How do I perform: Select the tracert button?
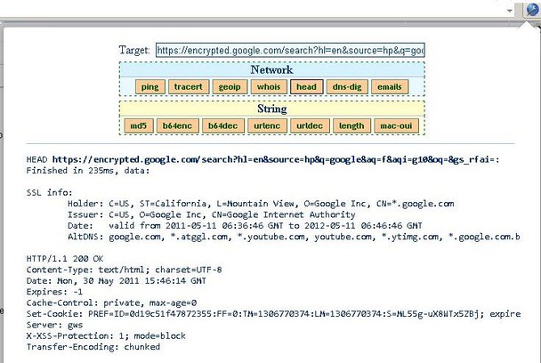coord(188,86)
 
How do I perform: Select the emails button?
coord(389,86)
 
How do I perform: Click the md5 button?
coord(138,126)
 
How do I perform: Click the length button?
coord(351,126)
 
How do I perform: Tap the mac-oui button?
coord(396,126)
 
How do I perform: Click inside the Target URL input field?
coord(290,51)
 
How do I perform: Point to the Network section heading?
coord(271,69)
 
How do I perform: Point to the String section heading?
coord(271,109)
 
